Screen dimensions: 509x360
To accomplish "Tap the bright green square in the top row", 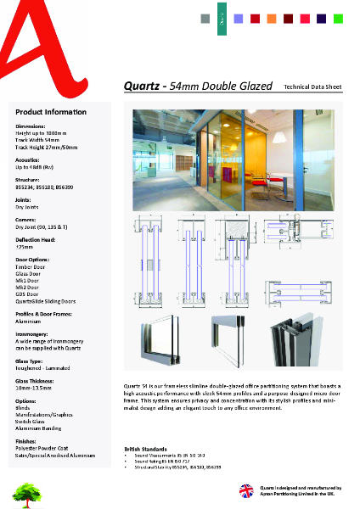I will pyautogui.click(x=338, y=18).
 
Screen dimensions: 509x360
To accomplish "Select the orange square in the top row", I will pyautogui.click(x=271, y=18).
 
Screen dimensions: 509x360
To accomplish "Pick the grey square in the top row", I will pyautogui.click(x=205, y=18).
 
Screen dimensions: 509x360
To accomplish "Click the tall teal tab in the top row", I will pyautogui.click(x=222, y=15).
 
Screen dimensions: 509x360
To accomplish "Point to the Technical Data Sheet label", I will pyautogui.click(x=312, y=87).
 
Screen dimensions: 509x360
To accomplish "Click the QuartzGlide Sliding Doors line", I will pyautogui.click(x=46, y=300).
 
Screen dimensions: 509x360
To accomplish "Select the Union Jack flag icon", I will pyautogui.click(x=246, y=490).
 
